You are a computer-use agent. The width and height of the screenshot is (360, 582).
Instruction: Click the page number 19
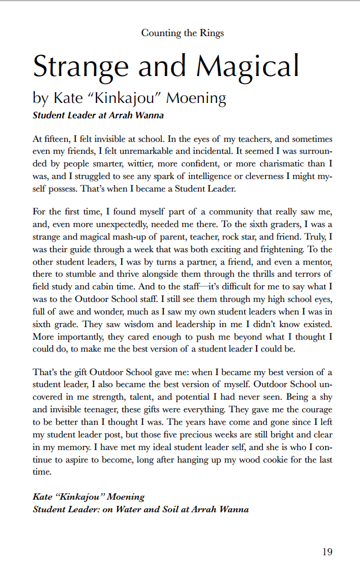pos(326,552)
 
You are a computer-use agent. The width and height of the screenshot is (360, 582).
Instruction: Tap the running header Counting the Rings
pos(182,33)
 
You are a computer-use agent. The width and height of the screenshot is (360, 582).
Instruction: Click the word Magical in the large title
pos(247,66)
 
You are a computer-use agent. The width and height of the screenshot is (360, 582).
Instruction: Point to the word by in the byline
pos(41,98)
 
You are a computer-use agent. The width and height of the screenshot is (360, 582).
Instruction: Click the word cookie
pos(270,460)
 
